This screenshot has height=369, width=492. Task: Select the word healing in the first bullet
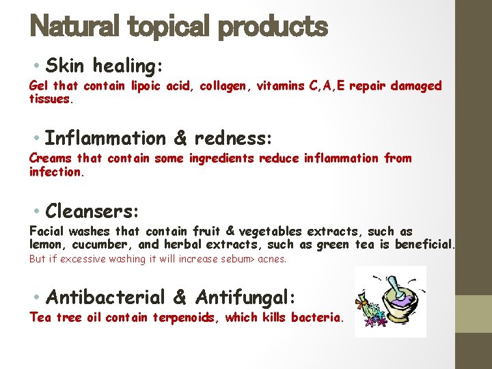[126, 66]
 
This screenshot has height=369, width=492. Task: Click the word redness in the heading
[233, 138]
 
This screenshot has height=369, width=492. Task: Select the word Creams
[50, 159]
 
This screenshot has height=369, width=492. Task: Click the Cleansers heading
[92, 209]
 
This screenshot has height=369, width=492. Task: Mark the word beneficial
[424, 245]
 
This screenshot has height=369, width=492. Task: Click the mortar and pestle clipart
[390, 301]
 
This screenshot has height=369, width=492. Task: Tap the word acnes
[273, 260]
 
